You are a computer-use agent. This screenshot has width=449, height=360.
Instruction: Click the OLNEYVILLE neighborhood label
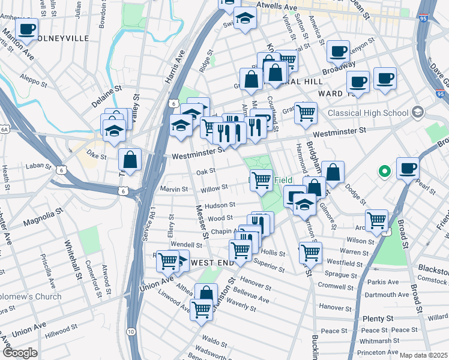click(64, 38)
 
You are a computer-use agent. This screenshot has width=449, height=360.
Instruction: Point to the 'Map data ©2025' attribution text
click(423, 355)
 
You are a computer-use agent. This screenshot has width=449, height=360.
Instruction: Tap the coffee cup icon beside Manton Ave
click(26, 28)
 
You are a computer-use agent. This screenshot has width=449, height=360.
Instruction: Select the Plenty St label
click(377, 319)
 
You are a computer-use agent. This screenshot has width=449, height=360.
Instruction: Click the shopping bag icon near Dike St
click(130, 160)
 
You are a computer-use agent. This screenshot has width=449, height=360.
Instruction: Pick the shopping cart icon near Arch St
click(376, 220)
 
